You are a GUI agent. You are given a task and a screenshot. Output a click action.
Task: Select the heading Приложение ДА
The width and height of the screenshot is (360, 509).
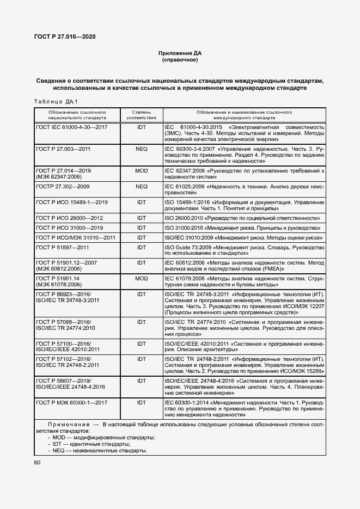pos(180,53)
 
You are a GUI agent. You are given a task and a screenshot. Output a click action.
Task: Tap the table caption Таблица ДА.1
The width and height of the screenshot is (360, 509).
pos(56,102)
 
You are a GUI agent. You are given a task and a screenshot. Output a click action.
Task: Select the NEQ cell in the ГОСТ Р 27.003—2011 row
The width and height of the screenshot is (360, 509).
pos(142,148)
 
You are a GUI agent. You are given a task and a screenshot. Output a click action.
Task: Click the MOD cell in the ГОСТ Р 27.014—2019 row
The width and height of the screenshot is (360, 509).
pos(142,170)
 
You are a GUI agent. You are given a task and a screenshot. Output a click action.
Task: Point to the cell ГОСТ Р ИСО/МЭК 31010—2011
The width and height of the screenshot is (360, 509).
pos(75,237)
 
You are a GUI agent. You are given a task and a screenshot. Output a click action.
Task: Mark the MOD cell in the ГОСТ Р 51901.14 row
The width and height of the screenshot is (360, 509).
pos(142,278)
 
